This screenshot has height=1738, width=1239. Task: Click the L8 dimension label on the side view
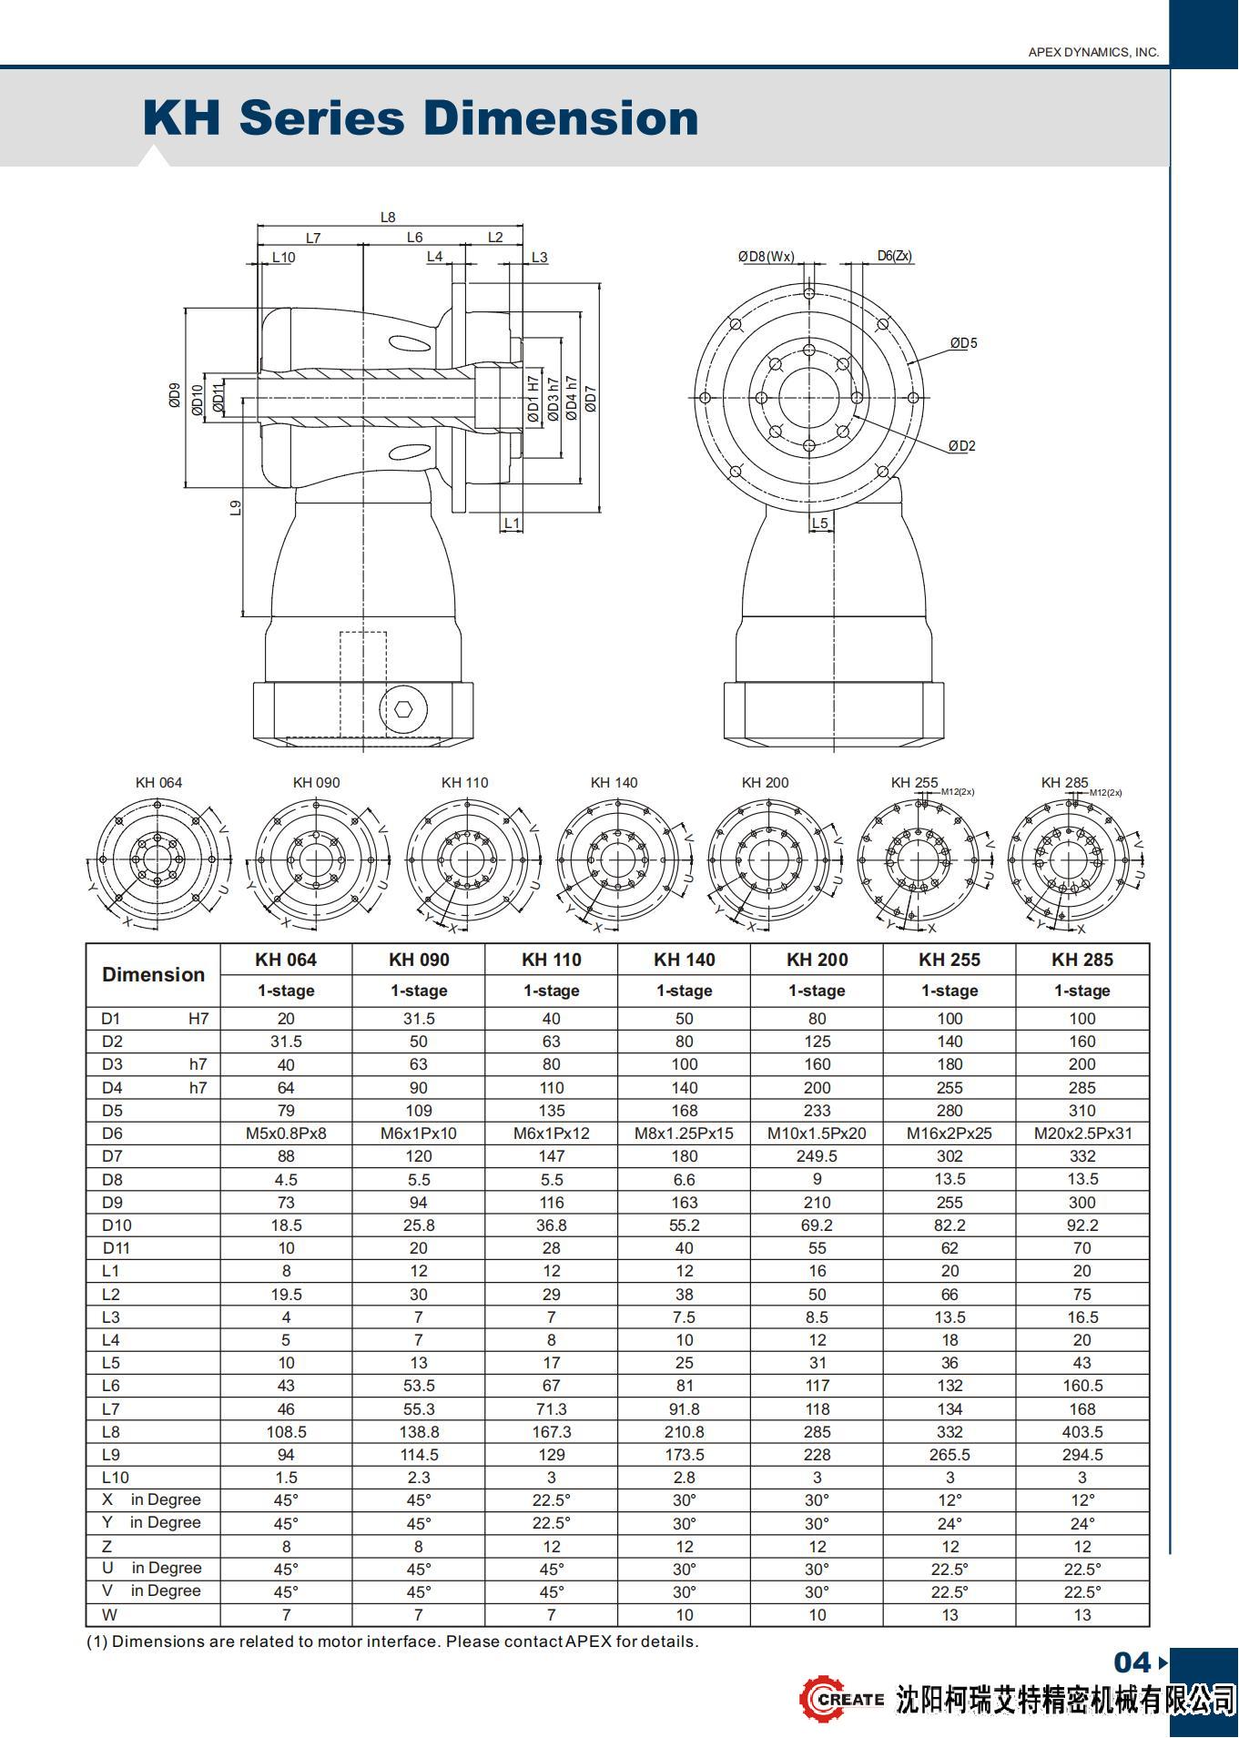[388, 218]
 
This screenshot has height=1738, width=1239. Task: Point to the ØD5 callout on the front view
[963, 343]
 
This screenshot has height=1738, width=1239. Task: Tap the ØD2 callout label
[961, 446]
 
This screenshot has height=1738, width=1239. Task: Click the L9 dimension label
[236, 508]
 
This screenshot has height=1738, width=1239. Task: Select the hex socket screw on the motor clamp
[402, 707]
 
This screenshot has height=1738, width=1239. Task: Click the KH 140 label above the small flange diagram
[614, 783]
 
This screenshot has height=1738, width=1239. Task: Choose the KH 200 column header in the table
[817, 960]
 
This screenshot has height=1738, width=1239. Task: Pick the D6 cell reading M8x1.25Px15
[684, 1133]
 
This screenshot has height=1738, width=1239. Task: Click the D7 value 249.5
[817, 1156]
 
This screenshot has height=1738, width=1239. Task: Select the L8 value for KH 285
[1082, 1432]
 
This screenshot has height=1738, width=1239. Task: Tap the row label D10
[117, 1225]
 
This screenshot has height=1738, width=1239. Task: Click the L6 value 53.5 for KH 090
[419, 1386]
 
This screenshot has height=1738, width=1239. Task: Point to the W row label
[110, 1615]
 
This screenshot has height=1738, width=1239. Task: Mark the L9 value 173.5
[684, 1455]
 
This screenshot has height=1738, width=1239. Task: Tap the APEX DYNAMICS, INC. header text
[1093, 52]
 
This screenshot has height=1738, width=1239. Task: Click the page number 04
[1132, 1663]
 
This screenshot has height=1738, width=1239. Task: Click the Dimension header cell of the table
[153, 975]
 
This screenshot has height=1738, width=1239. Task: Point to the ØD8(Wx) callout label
[766, 257]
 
